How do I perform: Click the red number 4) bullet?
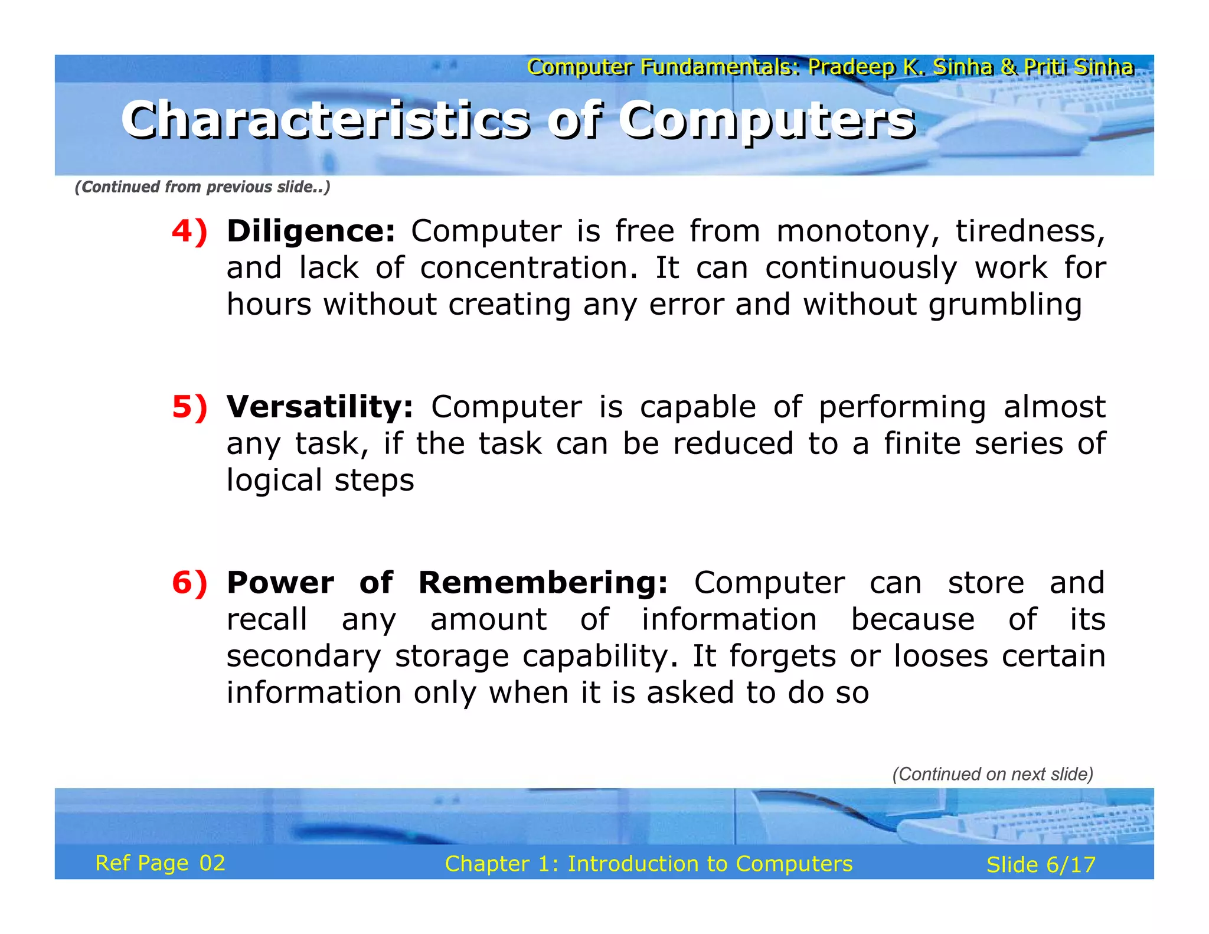click(189, 231)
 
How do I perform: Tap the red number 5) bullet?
click(189, 407)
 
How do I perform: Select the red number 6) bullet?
click(189, 583)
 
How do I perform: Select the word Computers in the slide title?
click(767, 120)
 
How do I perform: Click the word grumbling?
click(1005, 305)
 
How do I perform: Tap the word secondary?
click(304, 656)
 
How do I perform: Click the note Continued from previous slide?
click(202, 187)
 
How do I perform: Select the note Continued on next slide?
click(993, 774)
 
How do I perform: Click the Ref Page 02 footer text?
click(160, 863)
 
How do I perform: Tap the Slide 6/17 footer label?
click(1041, 865)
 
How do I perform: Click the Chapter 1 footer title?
click(649, 864)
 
